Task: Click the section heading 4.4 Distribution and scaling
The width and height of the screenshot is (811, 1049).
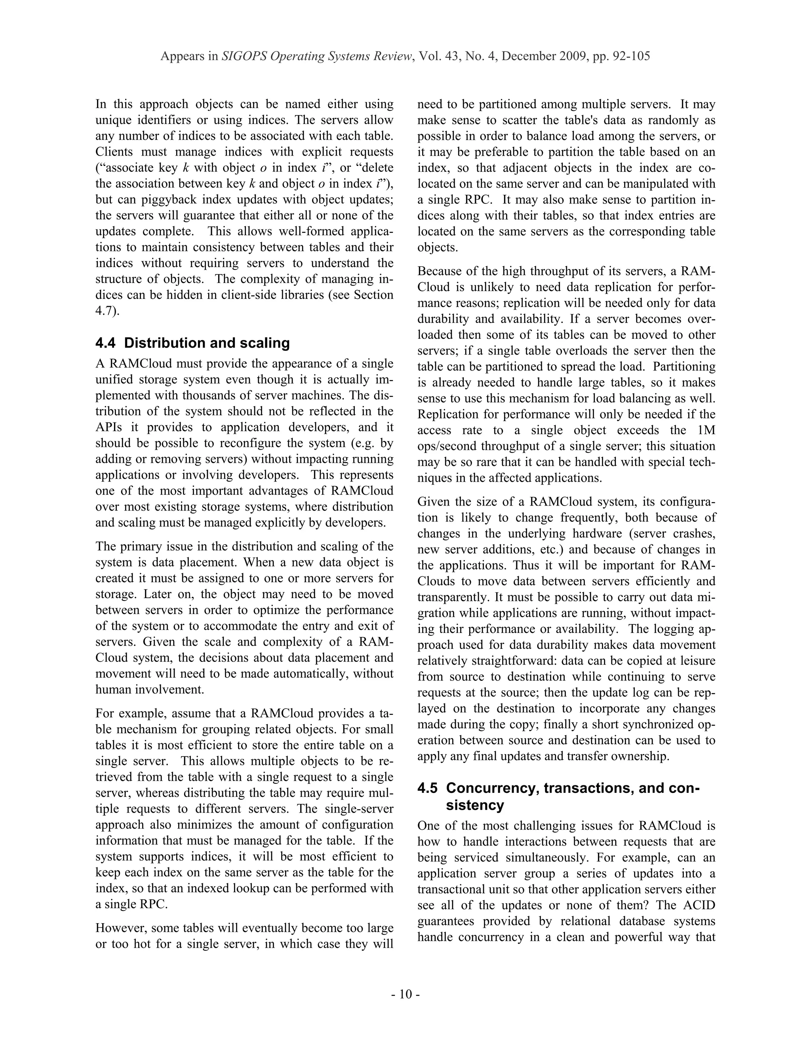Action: pos(192,343)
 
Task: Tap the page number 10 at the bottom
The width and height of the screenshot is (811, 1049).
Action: pos(405,994)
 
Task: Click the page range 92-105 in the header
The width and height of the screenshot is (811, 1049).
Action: pos(631,56)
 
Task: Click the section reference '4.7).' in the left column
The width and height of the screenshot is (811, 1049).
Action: pos(107,311)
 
